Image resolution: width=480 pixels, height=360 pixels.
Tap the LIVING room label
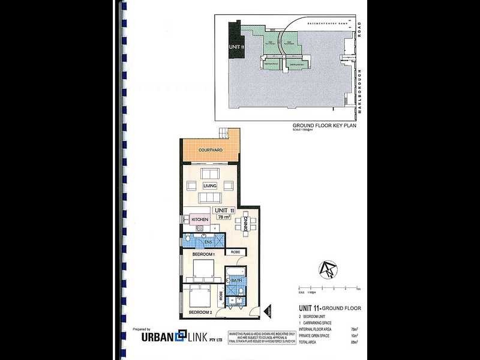pos(209,185)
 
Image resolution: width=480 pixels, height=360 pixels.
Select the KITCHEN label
pos(199,220)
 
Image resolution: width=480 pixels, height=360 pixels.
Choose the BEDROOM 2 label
pos(200,313)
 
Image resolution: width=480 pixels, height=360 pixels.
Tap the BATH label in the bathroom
pos(237,281)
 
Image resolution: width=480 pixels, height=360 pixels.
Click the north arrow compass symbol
pos(329,271)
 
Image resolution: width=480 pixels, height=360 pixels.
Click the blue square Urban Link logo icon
pos(179,336)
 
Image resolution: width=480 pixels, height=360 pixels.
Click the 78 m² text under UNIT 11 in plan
pos(223,217)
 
